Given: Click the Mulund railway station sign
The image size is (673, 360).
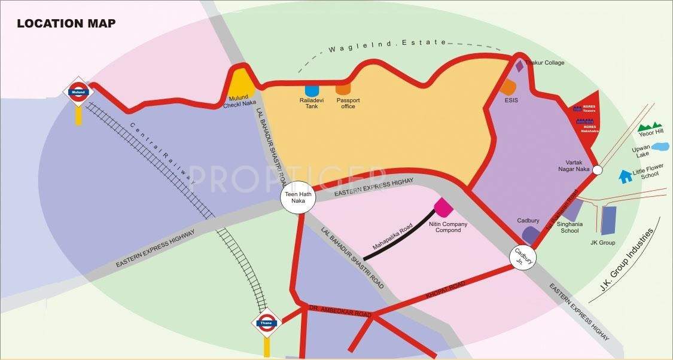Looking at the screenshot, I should pyautogui.click(x=78, y=92).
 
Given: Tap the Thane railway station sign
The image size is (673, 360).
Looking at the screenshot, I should pyautogui.click(x=266, y=324).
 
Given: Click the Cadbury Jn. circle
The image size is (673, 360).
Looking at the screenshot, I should pyautogui.click(x=523, y=257).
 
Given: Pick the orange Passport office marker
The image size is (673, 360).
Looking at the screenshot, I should pyautogui.click(x=343, y=89).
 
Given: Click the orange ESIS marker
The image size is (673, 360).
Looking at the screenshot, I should pyautogui.click(x=508, y=87).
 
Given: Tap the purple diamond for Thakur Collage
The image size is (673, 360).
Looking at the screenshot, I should pyautogui.click(x=519, y=66).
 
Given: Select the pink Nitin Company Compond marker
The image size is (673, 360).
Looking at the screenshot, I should pyautogui.click(x=443, y=208).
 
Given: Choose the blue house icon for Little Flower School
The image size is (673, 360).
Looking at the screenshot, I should pyautogui.click(x=626, y=176).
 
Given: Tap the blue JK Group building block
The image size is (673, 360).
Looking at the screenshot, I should pyautogui.click(x=608, y=220).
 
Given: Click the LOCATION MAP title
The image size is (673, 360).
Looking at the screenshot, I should pyautogui.click(x=66, y=24).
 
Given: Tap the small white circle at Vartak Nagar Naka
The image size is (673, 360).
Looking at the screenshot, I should pyautogui.click(x=597, y=170).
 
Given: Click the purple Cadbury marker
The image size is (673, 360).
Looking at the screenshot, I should pyautogui.click(x=529, y=234).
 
